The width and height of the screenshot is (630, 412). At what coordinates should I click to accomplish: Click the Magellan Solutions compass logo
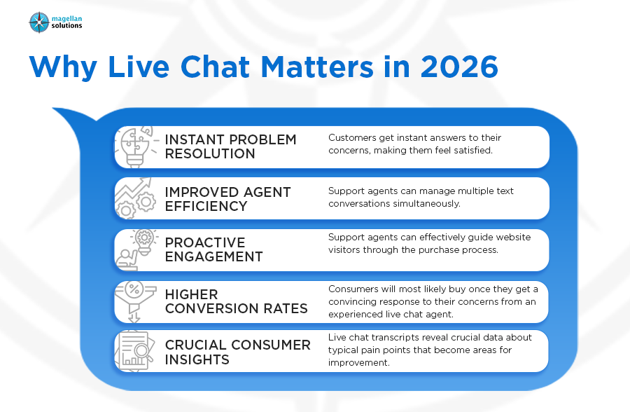(39, 22)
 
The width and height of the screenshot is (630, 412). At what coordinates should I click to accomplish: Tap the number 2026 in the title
(459, 67)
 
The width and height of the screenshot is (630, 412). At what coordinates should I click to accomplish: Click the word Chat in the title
(216, 67)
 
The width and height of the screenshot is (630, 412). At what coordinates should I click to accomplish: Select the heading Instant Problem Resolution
(230, 146)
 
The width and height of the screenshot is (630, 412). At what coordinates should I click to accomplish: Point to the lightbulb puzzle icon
(135, 146)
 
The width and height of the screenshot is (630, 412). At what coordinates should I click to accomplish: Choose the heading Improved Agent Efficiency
(227, 199)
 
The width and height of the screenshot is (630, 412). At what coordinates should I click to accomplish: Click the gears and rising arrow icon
(135, 198)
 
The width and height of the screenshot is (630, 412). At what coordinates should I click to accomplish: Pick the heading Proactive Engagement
(213, 249)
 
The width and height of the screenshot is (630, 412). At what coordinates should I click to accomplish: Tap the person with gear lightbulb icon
(136, 250)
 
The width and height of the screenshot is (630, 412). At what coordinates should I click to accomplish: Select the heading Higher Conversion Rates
(237, 301)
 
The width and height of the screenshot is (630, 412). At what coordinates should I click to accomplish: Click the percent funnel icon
(135, 302)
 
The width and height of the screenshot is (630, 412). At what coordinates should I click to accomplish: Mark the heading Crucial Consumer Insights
(238, 352)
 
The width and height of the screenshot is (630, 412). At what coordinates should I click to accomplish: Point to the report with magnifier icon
(135, 351)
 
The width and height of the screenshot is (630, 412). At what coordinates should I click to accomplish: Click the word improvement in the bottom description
(359, 362)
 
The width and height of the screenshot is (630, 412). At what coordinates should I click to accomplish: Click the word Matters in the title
(317, 67)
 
